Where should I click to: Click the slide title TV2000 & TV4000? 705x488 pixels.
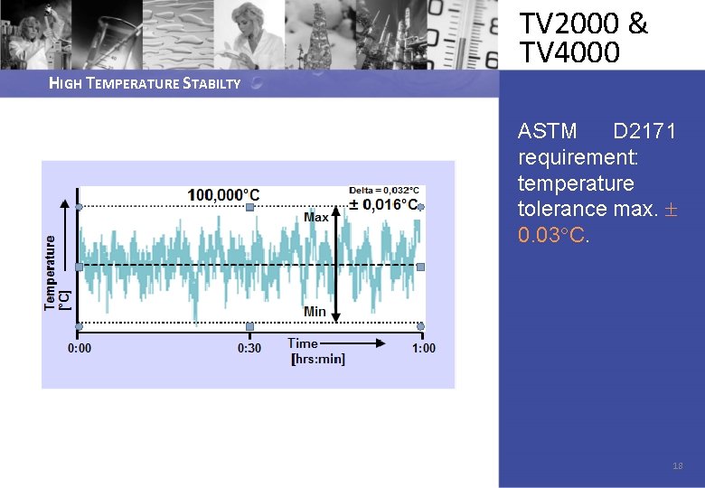coord(583,38)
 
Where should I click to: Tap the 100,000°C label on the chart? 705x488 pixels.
coord(223,194)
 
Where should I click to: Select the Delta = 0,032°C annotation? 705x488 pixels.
coord(384,190)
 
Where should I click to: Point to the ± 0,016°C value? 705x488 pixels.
coord(384,204)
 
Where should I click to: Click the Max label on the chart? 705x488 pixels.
coord(316,217)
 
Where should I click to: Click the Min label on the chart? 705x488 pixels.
coord(315,312)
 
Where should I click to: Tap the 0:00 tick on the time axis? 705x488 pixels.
coord(80,348)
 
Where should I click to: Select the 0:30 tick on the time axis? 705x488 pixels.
coord(249,348)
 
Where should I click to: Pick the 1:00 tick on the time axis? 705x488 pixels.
coord(423,348)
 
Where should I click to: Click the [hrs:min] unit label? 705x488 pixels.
coord(317,359)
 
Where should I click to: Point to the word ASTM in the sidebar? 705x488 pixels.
coord(547,132)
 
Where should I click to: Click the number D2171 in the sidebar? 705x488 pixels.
coord(644,132)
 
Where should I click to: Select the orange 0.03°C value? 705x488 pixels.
coord(553,235)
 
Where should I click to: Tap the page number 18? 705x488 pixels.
coord(678,466)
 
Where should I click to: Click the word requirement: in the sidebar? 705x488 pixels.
coord(578,158)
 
